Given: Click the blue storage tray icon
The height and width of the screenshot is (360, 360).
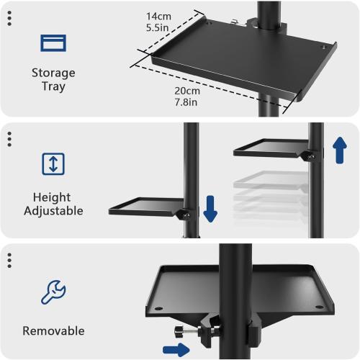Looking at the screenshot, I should point(53,43).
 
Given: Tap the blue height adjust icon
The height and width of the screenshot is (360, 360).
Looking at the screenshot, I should point(53,163).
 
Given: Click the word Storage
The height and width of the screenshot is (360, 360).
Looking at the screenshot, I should point(53,73).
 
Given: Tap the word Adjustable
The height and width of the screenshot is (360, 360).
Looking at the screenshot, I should point(53,211).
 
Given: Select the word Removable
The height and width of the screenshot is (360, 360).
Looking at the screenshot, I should point(53,331).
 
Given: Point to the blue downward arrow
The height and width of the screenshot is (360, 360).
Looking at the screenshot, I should point(210,209).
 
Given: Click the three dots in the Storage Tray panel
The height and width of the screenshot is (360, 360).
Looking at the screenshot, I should point(9,19).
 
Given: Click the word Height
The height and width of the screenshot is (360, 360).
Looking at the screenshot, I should point(53,197).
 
